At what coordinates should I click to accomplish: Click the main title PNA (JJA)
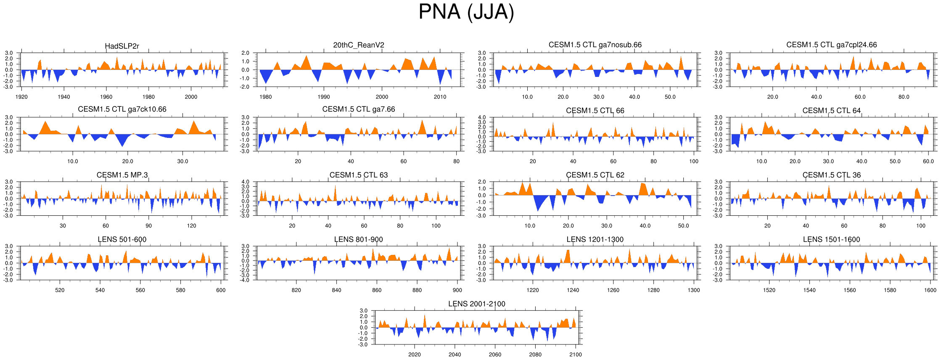[x=466, y=12]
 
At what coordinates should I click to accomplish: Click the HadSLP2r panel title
[x=122, y=46]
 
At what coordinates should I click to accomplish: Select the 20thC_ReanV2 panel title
[x=359, y=45]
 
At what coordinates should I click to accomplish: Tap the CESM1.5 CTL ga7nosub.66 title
[x=595, y=45]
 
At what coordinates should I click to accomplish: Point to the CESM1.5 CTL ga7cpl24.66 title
[x=831, y=45]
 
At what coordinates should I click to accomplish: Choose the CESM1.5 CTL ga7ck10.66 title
[x=122, y=109]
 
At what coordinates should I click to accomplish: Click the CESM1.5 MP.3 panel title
[x=122, y=175]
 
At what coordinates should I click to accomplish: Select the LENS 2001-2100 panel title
[x=476, y=304]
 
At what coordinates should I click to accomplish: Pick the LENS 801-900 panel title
[x=358, y=239]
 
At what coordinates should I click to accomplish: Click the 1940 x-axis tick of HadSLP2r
[x=64, y=97]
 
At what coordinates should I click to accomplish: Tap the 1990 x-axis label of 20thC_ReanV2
[x=324, y=97]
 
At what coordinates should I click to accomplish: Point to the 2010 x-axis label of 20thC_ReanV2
[x=440, y=97]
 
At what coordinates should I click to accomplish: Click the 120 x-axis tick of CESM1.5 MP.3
[x=192, y=226]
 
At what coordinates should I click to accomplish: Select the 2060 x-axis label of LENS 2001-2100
[x=495, y=355]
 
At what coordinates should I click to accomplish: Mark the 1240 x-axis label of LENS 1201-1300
[x=573, y=290]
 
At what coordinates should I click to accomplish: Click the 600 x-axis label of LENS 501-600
[x=221, y=290]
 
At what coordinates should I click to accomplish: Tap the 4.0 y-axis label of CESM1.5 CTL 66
[x=482, y=117]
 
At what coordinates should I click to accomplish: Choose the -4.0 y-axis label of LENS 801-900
[x=245, y=280]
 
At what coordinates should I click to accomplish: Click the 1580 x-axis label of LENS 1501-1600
[x=890, y=290]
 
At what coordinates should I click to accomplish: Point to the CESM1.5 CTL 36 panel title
[x=831, y=175]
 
